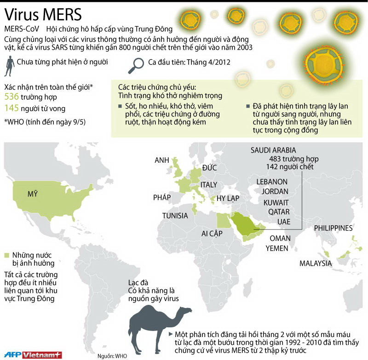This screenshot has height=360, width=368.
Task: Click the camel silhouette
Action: coord(158,324)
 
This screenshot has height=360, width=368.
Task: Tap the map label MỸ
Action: coord(32,194)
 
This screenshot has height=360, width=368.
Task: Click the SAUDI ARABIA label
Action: coord(273,150)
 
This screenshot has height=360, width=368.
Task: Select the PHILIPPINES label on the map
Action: coord(333,228)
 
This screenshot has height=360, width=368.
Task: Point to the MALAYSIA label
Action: coord(315,263)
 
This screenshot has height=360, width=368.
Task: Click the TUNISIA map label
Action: coord(175,216)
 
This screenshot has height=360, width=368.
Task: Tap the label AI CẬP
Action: coord(212,233)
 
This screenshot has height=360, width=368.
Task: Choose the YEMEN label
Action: coord(277,248)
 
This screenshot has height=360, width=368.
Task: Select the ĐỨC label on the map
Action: coord(209,168)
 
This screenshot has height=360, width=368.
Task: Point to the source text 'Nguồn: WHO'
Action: coord(111,355)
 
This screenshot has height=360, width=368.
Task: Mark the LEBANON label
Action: coord(272,182)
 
